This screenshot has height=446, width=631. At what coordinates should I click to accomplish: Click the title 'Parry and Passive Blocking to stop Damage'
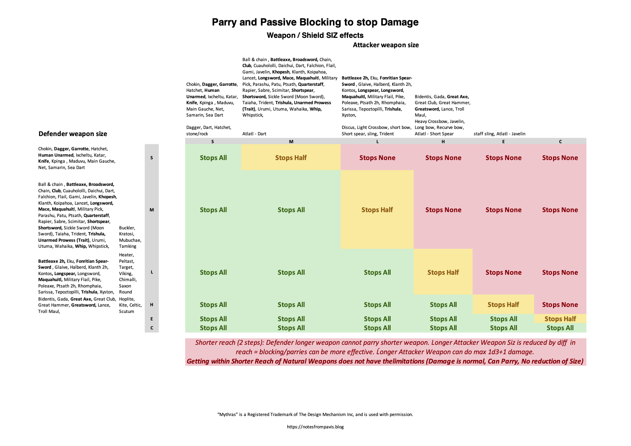[x=315, y=22]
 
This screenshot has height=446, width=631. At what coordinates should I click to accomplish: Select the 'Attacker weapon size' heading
[x=385, y=45]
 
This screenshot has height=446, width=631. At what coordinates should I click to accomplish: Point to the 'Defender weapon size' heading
[x=73, y=134]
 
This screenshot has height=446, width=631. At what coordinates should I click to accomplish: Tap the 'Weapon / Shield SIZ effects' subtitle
[x=315, y=36]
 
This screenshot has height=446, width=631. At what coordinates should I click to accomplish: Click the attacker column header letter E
[x=503, y=142]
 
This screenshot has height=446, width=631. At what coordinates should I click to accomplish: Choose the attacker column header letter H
[x=443, y=142]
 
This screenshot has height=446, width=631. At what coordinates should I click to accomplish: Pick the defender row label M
[x=151, y=210]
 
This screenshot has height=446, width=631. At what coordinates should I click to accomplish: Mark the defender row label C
[x=151, y=328]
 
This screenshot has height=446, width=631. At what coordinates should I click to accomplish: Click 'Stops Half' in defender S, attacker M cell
[x=291, y=158]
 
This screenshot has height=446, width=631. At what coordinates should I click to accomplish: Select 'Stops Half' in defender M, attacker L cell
[x=377, y=210]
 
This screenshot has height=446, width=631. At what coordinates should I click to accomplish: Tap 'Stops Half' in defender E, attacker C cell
[x=560, y=319]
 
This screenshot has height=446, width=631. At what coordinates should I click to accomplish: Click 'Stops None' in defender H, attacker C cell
[x=560, y=305]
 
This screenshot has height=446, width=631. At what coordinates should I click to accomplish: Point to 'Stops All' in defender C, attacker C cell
[x=560, y=328]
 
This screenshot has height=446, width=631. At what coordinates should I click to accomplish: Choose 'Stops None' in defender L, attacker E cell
[x=503, y=272]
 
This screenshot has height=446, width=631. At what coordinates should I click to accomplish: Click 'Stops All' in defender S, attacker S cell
[x=213, y=158]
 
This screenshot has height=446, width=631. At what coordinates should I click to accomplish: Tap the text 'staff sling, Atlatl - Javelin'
[x=499, y=134]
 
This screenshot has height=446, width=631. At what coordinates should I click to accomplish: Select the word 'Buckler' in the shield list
[x=127, y=228]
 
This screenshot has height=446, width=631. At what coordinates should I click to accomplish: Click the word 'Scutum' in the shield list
[x=126, y=311]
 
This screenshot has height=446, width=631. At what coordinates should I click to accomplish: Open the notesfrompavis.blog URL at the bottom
[x=315, y=427]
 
